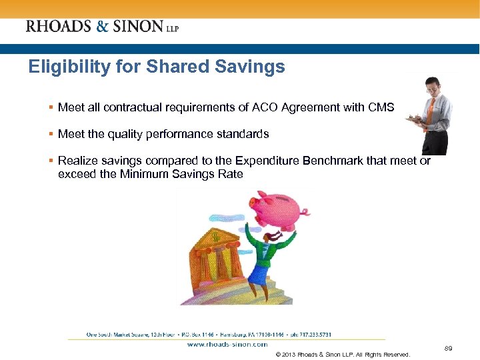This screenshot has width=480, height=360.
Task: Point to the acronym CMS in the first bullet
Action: pyautogui.click(x=381, y=107)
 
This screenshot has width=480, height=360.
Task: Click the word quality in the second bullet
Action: pyautogui.click(x=123, y=134)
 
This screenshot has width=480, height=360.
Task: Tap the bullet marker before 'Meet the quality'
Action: pyautogui.click(x=51, y=134)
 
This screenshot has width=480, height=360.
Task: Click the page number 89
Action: pyautogui.click(x=448, y=348)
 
